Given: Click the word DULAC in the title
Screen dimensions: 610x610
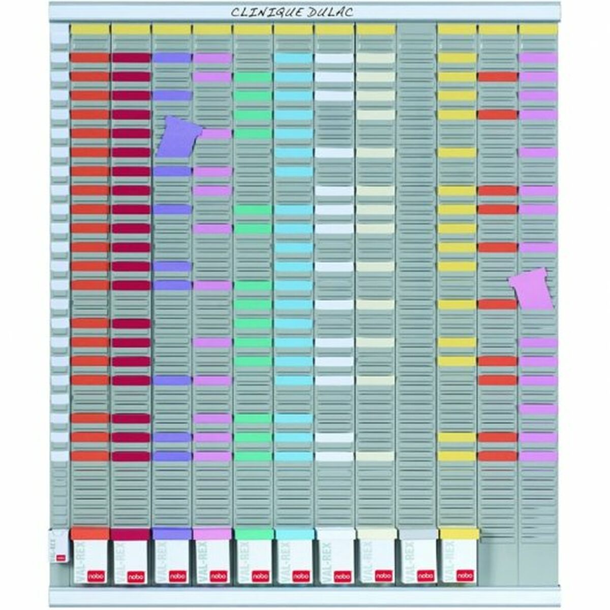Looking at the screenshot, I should [330, 12].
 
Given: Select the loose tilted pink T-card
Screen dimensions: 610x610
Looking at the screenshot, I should [533, 289].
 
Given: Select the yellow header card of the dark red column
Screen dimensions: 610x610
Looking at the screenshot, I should [131, 29].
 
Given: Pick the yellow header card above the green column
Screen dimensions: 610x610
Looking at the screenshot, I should [253, 29].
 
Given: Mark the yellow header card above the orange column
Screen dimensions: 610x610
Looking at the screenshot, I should [90, 29].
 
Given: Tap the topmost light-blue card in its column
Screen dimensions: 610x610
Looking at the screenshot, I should [294, 58].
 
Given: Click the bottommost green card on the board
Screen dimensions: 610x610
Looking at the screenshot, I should [253, 456].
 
